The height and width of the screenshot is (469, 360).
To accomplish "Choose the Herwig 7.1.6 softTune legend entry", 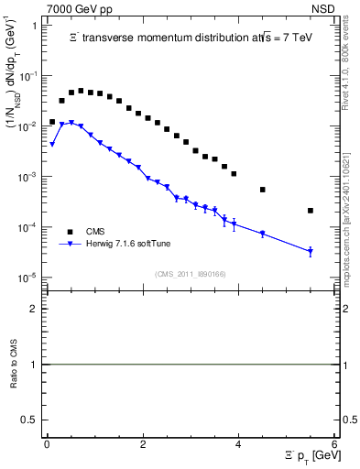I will click(115, 243).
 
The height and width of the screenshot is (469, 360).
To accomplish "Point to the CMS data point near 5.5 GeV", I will click(311, 211).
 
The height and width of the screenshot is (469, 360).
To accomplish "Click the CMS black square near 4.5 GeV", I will click(263, 190).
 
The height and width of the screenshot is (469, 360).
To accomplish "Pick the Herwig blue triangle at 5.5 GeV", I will click(311, 251).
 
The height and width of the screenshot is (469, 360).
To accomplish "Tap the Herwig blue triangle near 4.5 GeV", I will click(263, 234).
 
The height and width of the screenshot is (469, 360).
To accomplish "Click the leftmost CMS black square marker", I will click(52, 121).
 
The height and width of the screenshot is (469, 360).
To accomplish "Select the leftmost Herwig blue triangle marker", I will click(52, 144).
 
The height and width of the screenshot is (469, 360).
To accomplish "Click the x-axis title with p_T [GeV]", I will click(309, 455).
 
